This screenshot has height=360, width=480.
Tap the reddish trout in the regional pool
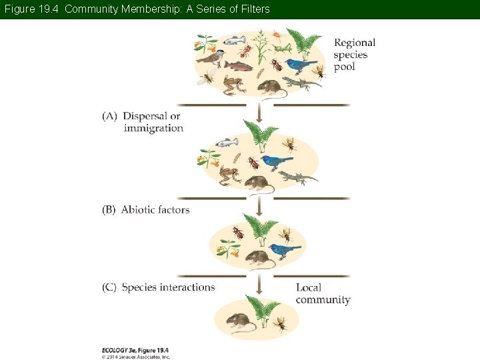238,65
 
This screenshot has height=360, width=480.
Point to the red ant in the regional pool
245,51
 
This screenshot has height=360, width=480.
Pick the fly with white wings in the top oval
207,79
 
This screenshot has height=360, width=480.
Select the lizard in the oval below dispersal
297,177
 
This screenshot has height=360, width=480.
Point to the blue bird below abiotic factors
285,250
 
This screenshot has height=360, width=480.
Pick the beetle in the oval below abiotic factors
238,232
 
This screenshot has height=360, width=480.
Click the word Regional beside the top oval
354,43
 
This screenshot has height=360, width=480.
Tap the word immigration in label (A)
153,128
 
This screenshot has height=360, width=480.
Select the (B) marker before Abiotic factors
109,209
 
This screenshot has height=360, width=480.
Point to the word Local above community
309,287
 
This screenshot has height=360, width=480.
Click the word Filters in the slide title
255,9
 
